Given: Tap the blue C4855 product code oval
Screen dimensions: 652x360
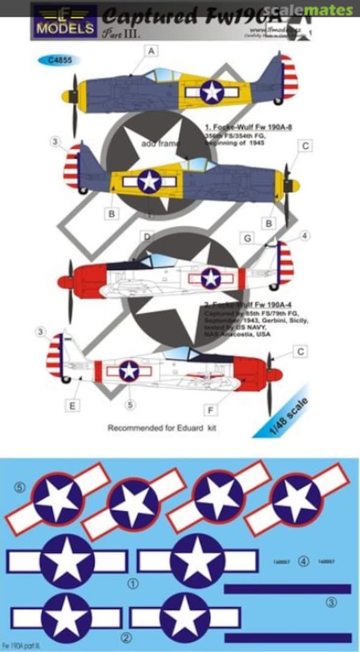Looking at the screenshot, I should [x=59, y=60].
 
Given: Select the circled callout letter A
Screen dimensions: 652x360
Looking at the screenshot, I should [x=150, y=52].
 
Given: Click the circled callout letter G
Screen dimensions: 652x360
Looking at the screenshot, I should [x=248, y=238].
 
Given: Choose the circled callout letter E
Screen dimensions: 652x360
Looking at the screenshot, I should [x=72, y=406].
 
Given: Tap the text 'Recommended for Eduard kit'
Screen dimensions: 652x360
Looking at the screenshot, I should [x=162, y=428].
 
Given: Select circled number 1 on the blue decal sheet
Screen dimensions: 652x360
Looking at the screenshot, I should [x=133, y=584].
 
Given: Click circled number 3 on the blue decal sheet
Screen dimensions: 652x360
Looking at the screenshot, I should [x=331, y=602].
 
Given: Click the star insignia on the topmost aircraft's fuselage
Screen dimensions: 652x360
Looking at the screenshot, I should [x=212, y=92].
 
